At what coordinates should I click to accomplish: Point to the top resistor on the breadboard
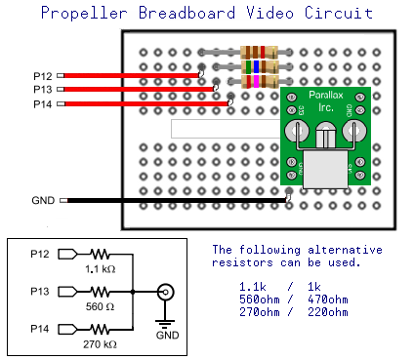(x=258, y=53)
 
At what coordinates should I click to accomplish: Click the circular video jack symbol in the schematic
(x=167, y=292)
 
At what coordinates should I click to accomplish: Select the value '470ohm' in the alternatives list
(x=326, y=300)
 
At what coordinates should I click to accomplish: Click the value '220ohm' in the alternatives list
(x=326, y=312)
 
